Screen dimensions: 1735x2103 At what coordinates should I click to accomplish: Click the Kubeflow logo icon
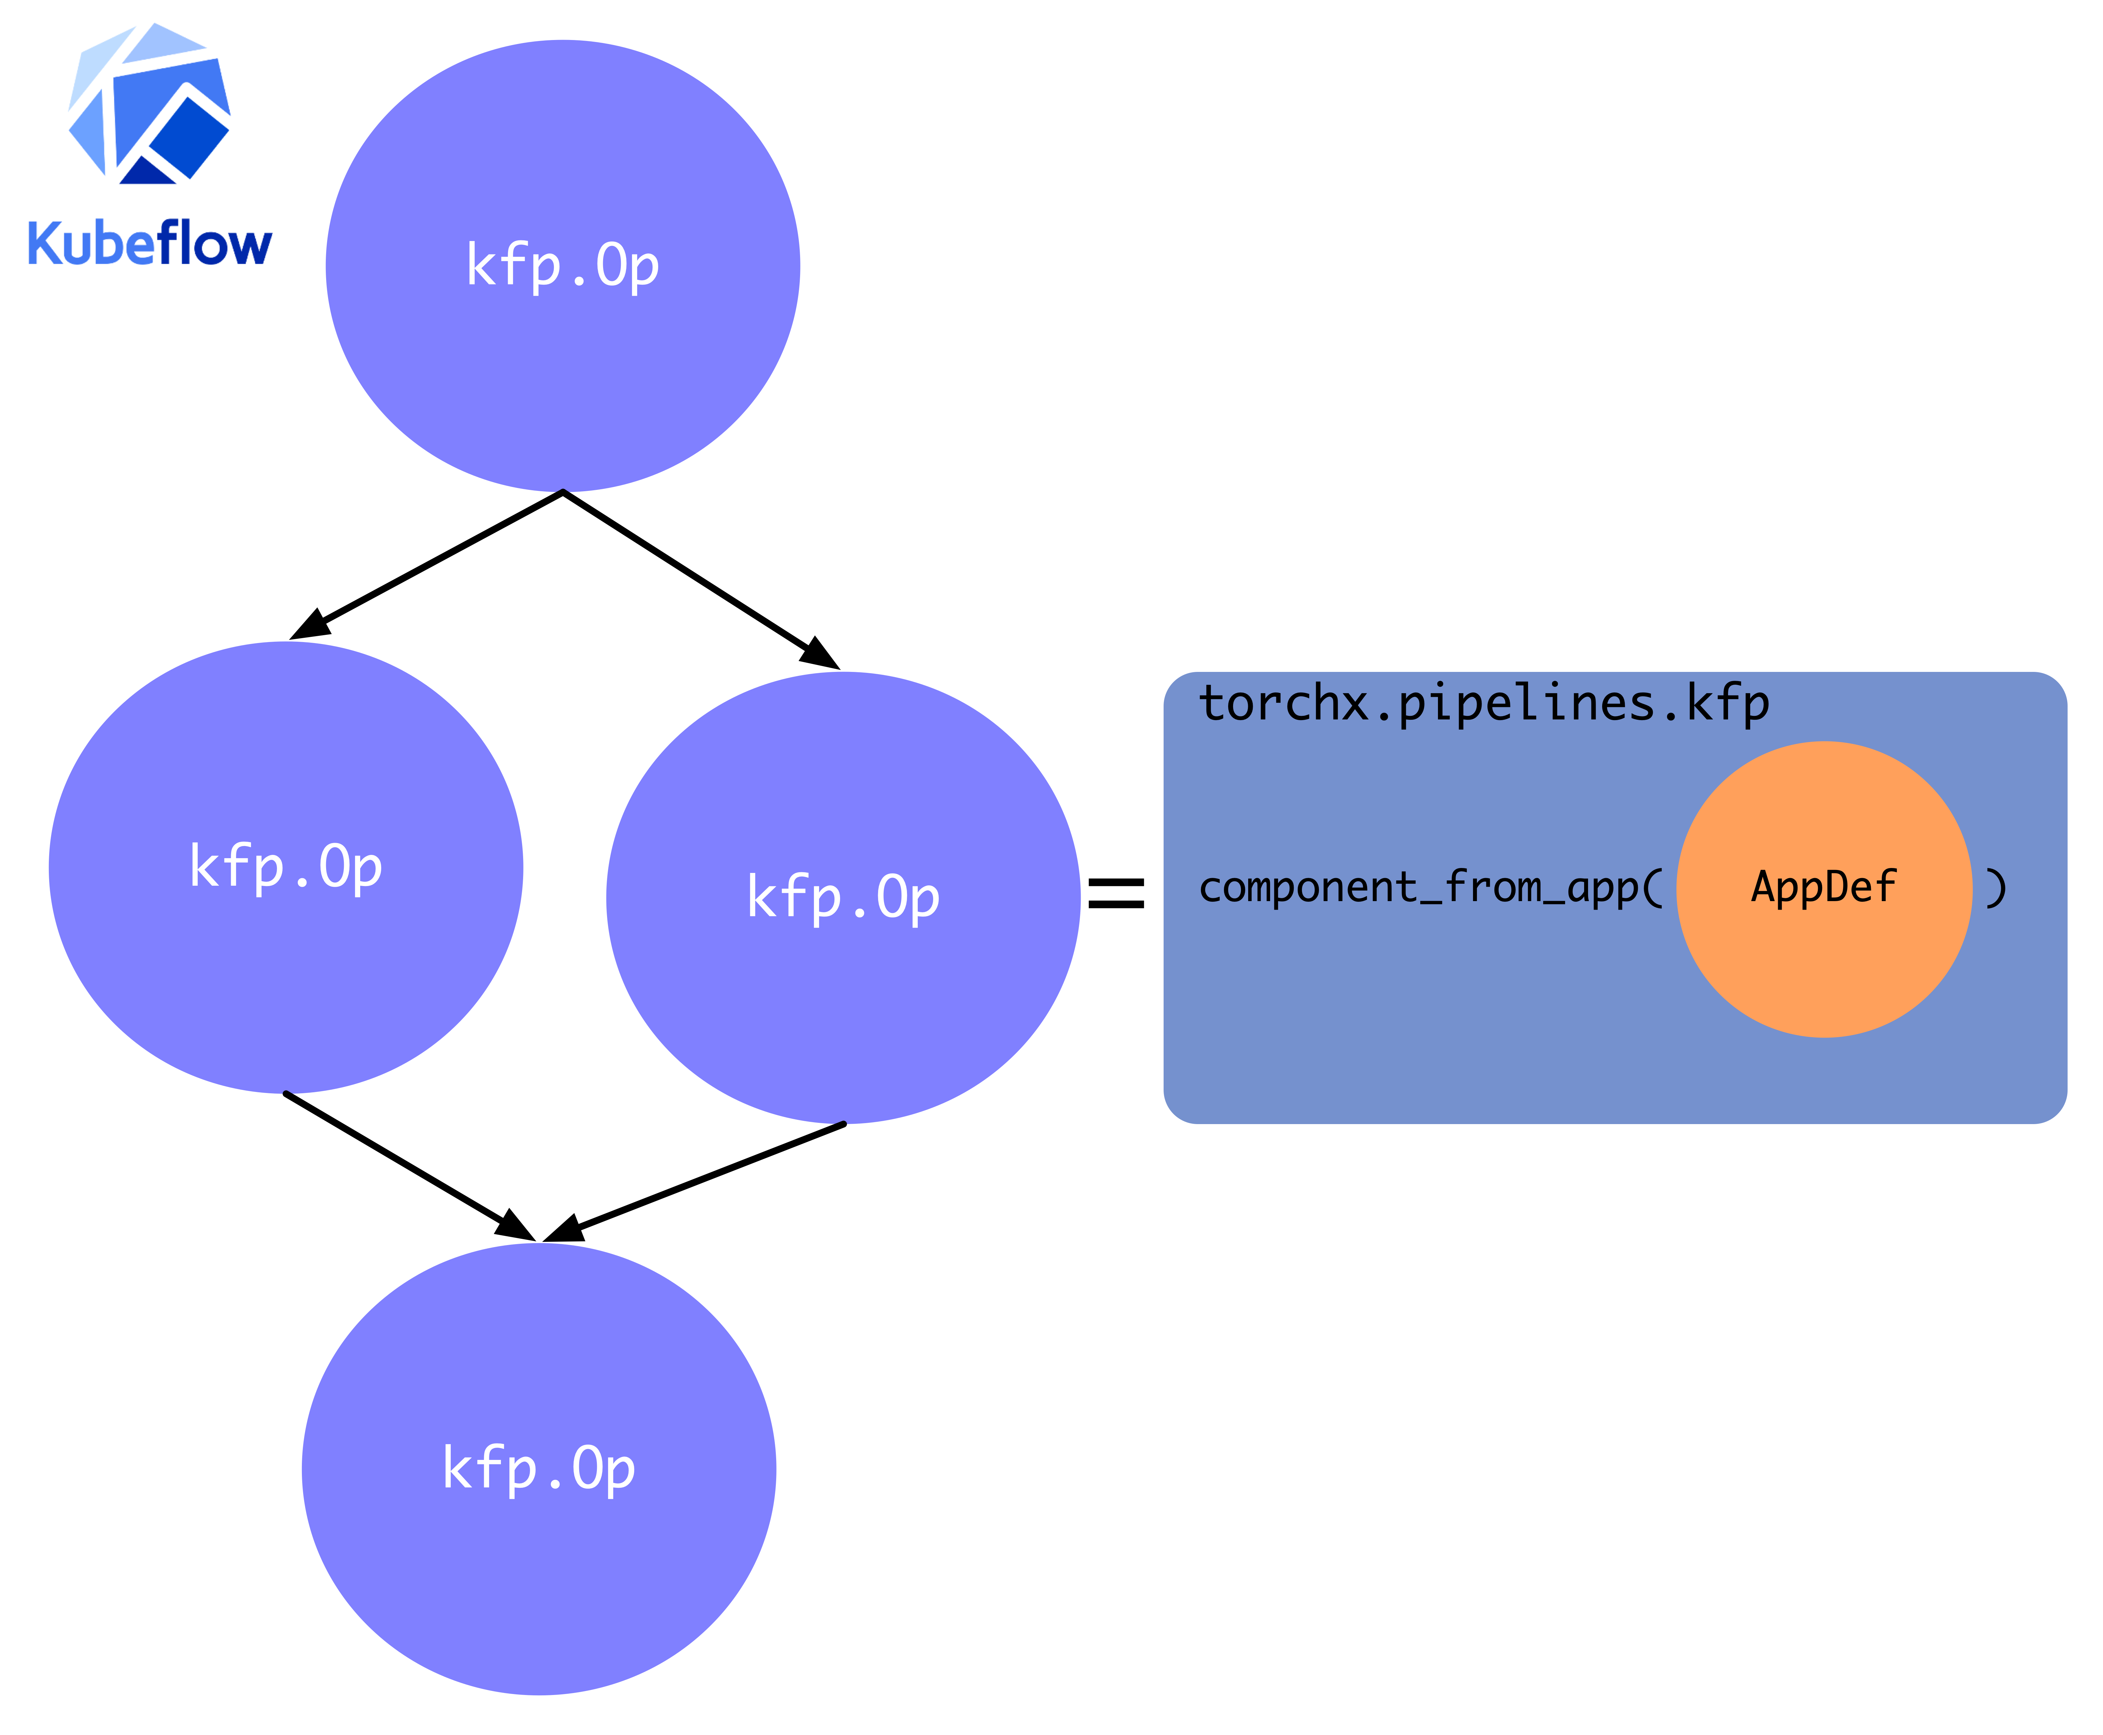[x=150, y=105]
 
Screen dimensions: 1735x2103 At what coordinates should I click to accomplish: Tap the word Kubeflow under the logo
[x=150, y=243]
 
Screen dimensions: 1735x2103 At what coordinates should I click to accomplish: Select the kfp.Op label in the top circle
[x=562, y=266]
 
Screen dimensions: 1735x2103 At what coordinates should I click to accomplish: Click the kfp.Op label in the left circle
[x=286, y=866]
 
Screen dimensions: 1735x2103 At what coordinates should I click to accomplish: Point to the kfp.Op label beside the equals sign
[x=843, y=897]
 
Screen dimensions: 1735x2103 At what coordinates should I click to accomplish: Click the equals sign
[x=1116, y=893]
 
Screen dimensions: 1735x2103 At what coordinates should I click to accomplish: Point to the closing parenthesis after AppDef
[x=1995, y=887]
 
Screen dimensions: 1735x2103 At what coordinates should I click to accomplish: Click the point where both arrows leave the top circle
[x=562, y=492]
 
